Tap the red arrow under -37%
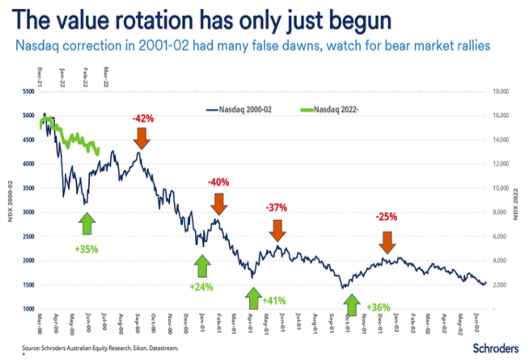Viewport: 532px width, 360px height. pyautogui.click(x=278, y=229)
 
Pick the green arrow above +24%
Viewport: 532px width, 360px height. pyautogui.click(x=202, y=267)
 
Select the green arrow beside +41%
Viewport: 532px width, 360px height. pyautogui.click(x=253, y=299)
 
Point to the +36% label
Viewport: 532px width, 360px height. pyautogui.click(x=378, y=307)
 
